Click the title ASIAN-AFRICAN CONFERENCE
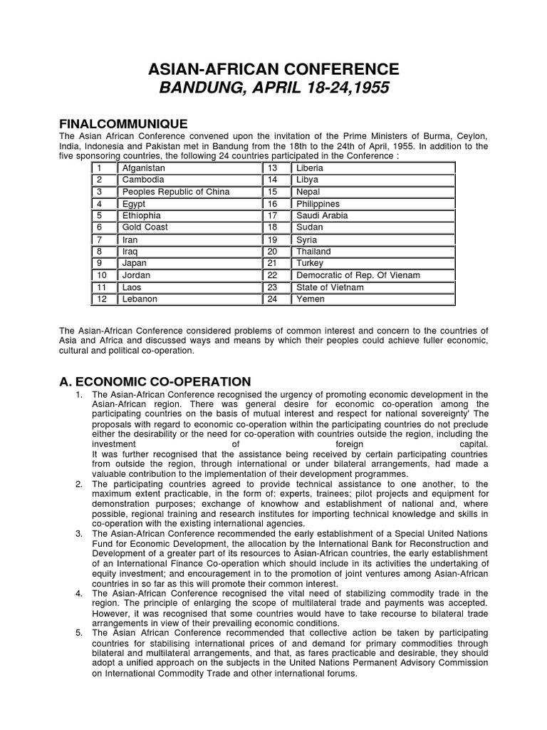click(x=273, y=69)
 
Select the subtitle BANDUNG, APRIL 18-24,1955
click(x=273, y=90)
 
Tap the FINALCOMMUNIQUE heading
click(x=123, y=124)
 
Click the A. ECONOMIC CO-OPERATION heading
click(x=155, y=381)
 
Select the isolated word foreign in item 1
click(x=354, y=444)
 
